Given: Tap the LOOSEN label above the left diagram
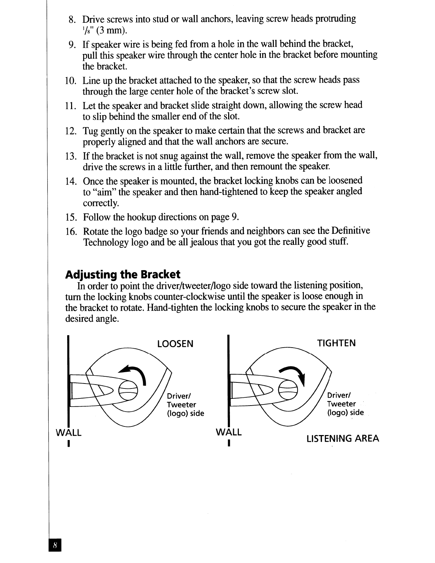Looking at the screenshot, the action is pos(176,344).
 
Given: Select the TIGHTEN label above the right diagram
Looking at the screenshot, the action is pos(336,343).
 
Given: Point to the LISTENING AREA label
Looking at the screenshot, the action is pos(343,438).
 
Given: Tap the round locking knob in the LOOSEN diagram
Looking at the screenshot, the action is pos(128,391).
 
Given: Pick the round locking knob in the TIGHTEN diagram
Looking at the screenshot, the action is pos(288,390).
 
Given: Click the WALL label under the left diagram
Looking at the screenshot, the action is pos(69,433).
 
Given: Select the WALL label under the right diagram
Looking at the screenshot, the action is pos(229,432).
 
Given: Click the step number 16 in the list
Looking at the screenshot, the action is pos(71,231).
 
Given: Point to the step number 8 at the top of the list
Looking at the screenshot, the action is pos(72,20).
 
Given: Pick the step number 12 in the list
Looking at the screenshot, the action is pos(71,131).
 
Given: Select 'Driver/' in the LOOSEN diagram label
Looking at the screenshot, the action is pos(179,396).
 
